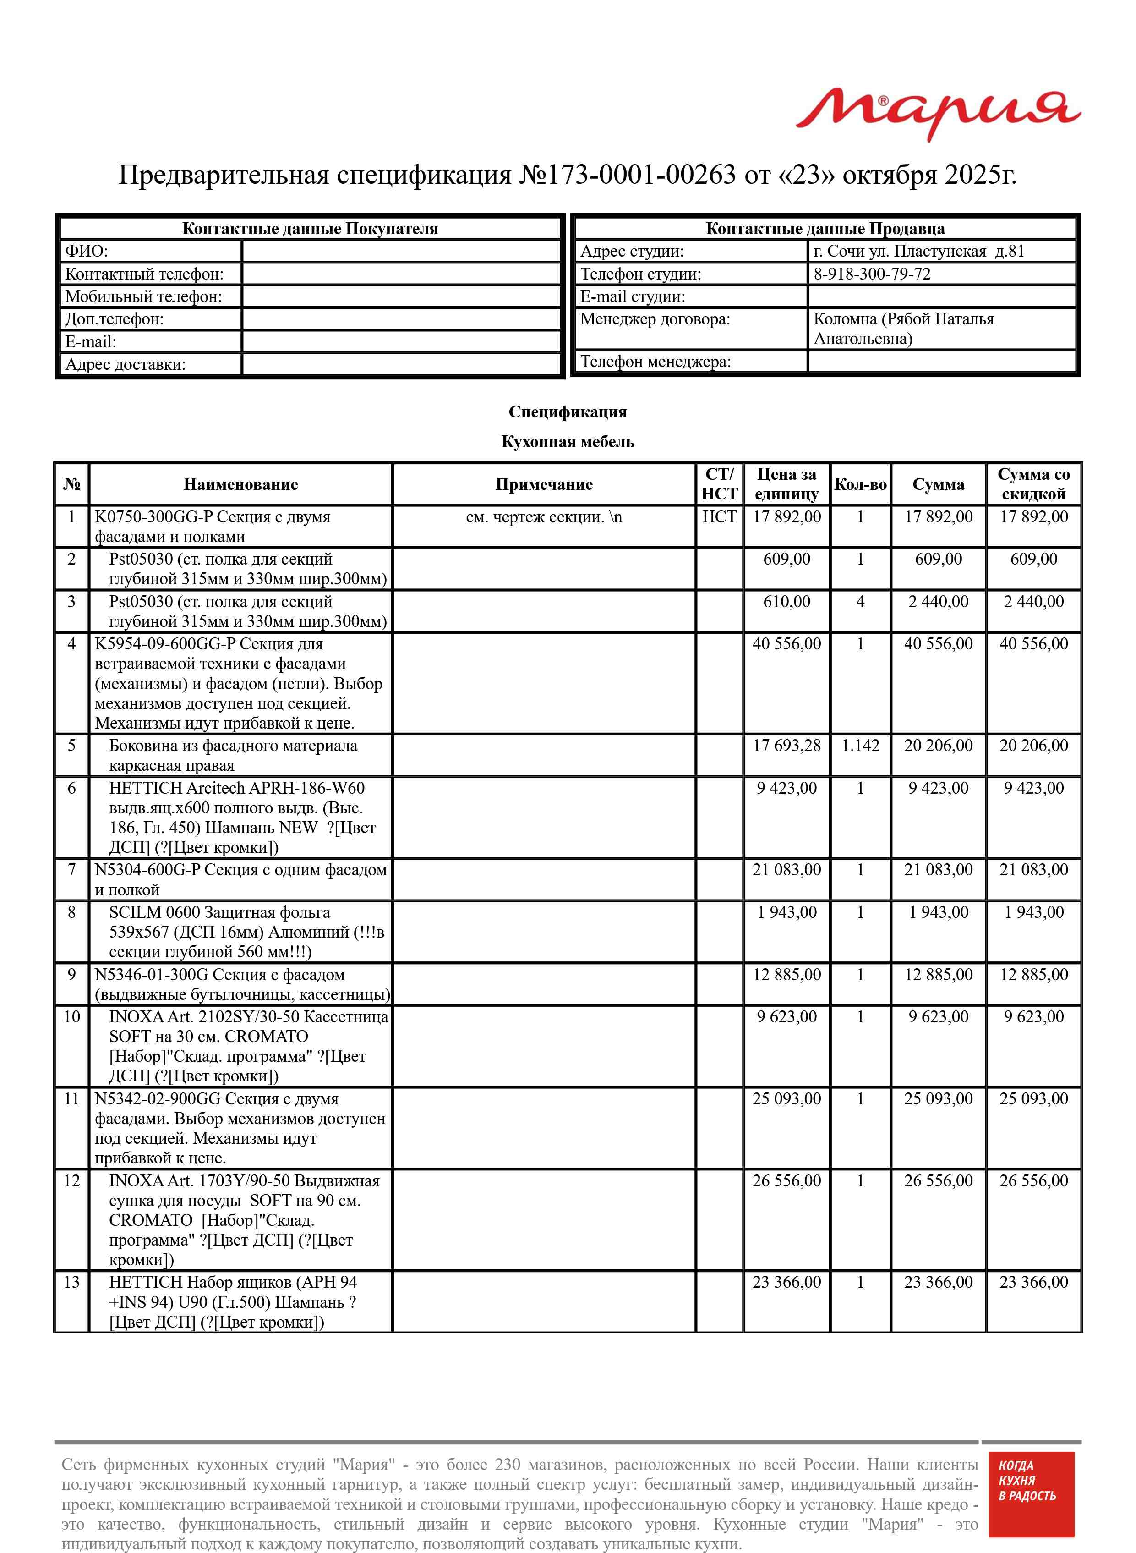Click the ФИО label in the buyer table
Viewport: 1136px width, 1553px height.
click(87, 251)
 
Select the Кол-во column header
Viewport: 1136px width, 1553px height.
click(860, 484)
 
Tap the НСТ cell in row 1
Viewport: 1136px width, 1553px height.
click(719, 516)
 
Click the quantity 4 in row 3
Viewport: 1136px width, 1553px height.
click(860, 602)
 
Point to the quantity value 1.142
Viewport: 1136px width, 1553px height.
click(860, 746)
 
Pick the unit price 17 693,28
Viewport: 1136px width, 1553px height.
click(786, 746)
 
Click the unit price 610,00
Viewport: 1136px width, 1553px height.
click(786, 602)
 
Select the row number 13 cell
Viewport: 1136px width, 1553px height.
click(71, 1282)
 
